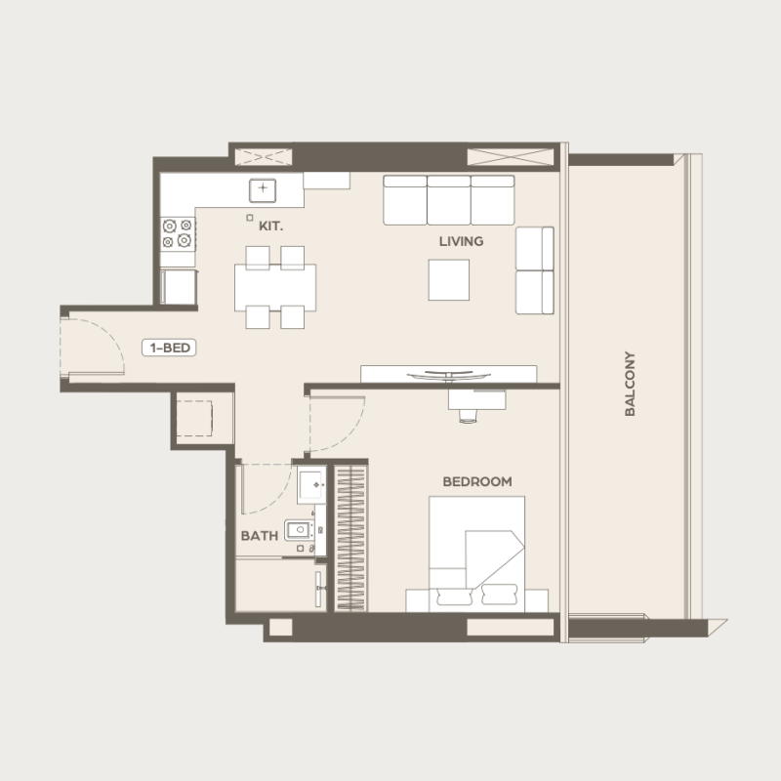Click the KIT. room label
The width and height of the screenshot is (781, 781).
coord(270,226)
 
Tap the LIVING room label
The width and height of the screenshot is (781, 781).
coord(461,241)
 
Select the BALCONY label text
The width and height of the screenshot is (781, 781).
coord(630,385)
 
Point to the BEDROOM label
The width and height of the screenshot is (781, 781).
coord(477,481)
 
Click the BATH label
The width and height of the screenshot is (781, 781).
coord(259,536)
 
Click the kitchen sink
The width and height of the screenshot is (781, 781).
coord(263,188)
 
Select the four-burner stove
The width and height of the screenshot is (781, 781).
coord(178,233)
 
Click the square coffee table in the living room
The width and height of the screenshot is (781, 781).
coord(448,280)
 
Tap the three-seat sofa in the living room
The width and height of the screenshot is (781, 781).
coord(448,200)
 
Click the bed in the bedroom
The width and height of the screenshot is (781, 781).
coord(477,553)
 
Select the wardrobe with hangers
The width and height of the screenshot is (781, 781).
coord(351,537)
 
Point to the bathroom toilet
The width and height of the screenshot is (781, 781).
coord(299,531)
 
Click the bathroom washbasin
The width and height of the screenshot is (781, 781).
coord(311,483)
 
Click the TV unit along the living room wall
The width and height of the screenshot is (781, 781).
coord(448,374)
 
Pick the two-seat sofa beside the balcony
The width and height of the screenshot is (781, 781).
coord(534,270)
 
